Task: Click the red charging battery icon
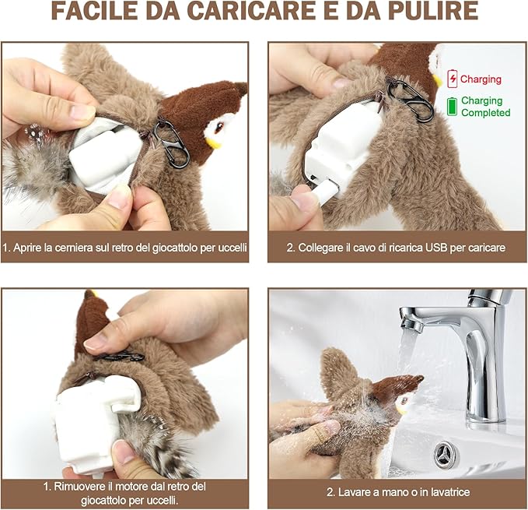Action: pos(452,79)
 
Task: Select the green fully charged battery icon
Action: pos(452,106)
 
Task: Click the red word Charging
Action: pos(481,79)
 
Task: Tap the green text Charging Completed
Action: pos(485,107)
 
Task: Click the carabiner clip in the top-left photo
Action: pos(173,143)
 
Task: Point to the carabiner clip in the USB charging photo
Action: pos(409,100)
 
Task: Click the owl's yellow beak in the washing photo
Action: pos(403,407)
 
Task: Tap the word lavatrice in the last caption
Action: pos(443,493)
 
